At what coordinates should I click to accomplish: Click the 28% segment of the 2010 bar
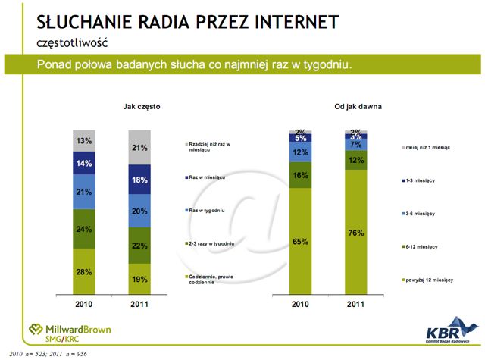[x=83, y=271]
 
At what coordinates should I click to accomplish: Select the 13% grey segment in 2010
[x=83, y=140]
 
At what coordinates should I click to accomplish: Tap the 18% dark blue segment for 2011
[x=139, y=180]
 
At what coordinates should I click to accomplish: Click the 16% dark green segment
[x=301, y=174]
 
